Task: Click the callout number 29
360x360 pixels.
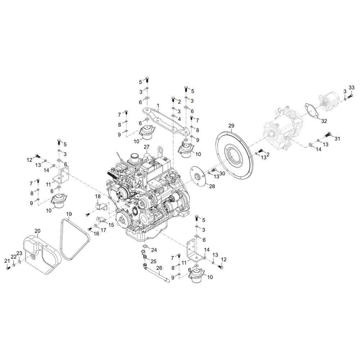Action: coord(231,126)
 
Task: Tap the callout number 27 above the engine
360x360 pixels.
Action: coord(147,147)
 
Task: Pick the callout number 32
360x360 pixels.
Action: coord(324,121)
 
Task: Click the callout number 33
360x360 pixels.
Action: coord(351,87)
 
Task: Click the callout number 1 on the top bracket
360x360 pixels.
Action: coord(158,105)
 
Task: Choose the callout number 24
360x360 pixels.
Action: coord(154,250)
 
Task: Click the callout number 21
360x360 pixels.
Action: coord(7,261)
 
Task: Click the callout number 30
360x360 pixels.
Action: coord(222,174)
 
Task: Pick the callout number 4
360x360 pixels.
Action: coord(179,119)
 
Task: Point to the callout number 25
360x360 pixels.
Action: coord(153,261)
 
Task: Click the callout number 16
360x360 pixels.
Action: coord(96,234)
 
